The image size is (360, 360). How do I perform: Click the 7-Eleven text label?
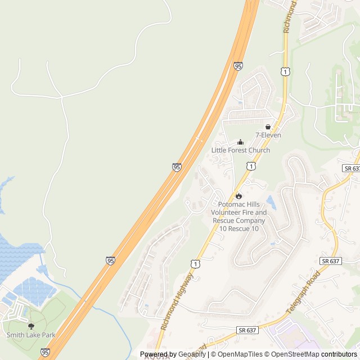coord(268,136)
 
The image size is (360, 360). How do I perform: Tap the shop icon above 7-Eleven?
coord(268,127)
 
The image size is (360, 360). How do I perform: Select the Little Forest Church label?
coord(241,150)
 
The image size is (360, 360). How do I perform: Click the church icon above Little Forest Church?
coord(241,142)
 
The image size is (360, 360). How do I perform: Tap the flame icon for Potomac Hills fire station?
coord(238,196)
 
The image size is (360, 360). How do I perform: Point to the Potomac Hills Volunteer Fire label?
coord(238,213)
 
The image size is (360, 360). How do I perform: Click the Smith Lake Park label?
coord(31,335)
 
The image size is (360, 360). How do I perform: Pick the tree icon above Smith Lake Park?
coord(31,326)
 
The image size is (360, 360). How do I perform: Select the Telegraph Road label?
coord(303,292)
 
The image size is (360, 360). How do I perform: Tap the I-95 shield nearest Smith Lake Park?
coord(44,353)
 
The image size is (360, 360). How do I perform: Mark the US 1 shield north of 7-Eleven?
coord(286,71)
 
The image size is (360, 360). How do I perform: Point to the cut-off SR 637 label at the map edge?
coord(352,169)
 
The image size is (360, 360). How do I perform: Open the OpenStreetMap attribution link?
coord(292,354)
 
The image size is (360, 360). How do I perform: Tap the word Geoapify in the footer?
coord(192,354)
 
